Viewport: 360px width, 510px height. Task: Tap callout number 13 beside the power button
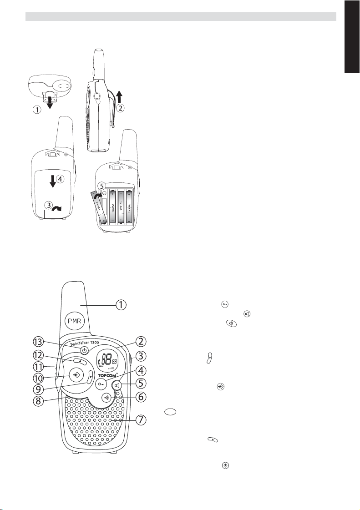coord(38,341)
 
